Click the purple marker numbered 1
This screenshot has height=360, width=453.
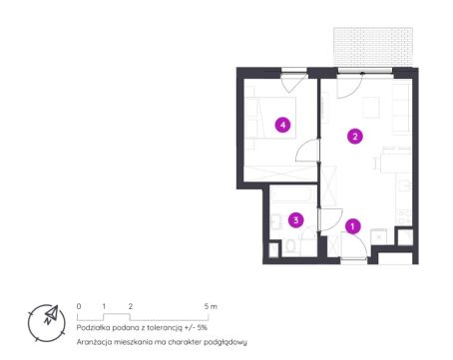(352, 226)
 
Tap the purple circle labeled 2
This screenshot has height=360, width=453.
(355, 137)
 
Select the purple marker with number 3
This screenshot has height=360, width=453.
(296, 220)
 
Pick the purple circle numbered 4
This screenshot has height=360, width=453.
(282, 125)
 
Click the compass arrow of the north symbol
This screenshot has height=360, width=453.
(52, 312)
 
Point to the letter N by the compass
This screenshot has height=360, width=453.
(48, 321)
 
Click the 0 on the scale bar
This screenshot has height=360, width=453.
(79, 306)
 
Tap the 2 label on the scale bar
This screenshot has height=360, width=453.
(131, 306)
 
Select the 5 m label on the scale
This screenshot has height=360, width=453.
(211, 306)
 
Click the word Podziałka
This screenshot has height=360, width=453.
(93, 327)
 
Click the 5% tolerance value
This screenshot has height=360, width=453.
(203, 327)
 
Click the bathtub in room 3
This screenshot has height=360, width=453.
(292, 193)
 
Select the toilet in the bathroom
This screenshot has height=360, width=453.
(290, 246)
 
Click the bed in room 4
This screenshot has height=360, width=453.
(270, 118)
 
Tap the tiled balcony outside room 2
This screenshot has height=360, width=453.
(373, 47)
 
